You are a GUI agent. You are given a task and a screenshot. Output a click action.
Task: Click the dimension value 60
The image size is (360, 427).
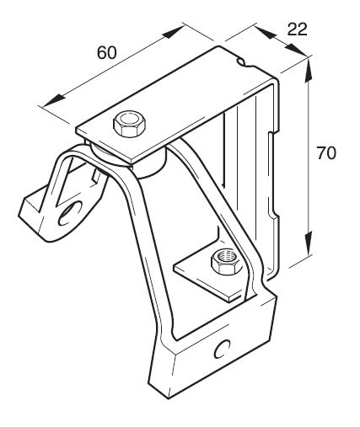tap(106, 52)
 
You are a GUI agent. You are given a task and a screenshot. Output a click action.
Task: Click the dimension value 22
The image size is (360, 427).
tap(297, 29)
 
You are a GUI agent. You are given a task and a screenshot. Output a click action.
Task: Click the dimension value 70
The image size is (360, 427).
tap(326, 153)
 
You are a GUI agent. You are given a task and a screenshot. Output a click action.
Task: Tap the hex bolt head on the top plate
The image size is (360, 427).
tap(130, 124)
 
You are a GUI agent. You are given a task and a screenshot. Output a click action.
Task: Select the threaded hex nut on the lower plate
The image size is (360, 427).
tap(226, 262)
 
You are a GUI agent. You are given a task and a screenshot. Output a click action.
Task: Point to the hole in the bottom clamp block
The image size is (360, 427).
tap(222, 349)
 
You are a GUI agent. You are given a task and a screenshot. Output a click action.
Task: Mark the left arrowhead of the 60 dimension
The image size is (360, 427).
tap(55, 100)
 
